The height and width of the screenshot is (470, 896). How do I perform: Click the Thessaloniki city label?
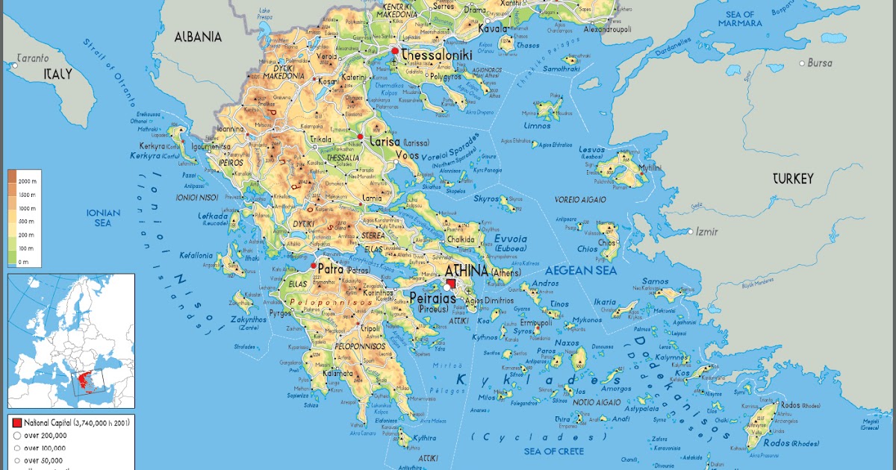click(x=441, y=55)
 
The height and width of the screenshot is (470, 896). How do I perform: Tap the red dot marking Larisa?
click(x=361, y=137)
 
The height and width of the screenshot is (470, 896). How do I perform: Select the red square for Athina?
click(x=451, y=282)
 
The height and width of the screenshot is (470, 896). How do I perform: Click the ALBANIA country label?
click(x=198, y=36)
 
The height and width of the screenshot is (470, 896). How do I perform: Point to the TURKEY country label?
click(x=792, y=178)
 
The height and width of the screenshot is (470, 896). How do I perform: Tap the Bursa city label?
click(x=819, y=63)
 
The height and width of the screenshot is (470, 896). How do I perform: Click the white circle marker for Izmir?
click(x=691, y=232)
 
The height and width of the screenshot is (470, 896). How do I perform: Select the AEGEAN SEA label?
click(x=581, y=269)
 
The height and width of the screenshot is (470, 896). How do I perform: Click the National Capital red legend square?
click(x=17, y=422)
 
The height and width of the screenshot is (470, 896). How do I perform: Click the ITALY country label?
click(x=57, y=74)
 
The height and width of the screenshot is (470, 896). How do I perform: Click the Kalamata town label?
click(x=337, y=373)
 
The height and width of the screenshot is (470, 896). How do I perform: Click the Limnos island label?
click(x=538, y=125)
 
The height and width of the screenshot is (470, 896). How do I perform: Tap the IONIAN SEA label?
click(x=103, y=217)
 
